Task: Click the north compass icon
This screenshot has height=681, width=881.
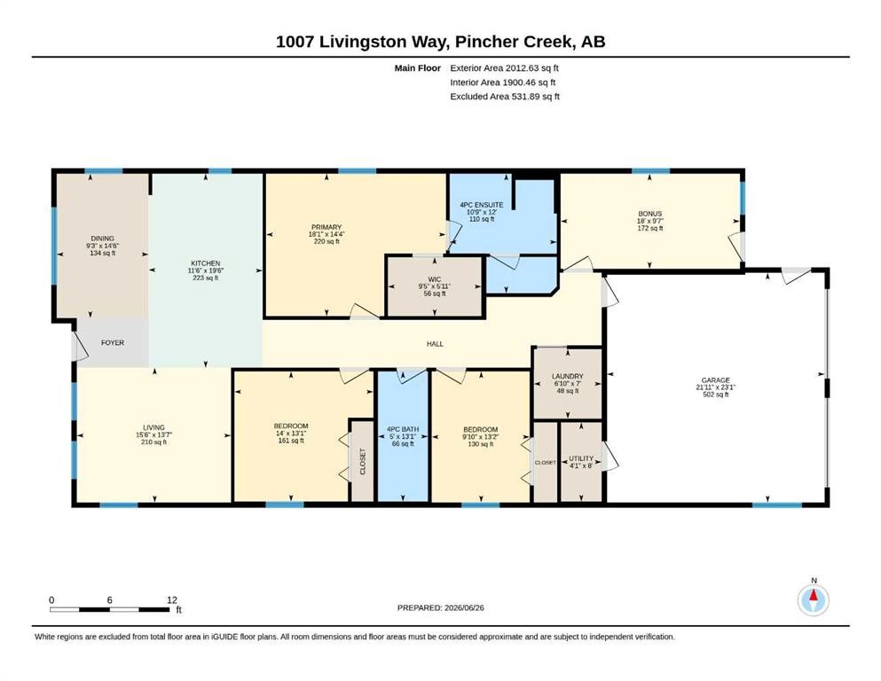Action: point(814,600)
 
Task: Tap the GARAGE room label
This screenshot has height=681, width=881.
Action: point(715,380)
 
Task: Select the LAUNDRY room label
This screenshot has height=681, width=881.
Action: point(568,376)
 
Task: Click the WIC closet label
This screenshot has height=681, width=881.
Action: point(435,279)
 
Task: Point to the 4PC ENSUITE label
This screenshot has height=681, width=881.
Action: point(482,205)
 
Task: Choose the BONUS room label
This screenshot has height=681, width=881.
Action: point(650,214)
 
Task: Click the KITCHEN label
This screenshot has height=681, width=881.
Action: point(206,263)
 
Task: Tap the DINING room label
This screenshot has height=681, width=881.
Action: point(102,239)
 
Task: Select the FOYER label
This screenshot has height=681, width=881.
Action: point(113,342)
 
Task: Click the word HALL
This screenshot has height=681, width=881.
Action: point(435,343)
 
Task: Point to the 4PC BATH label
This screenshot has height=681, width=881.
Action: point(403,429)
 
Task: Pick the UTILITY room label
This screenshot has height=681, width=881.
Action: point(581,458)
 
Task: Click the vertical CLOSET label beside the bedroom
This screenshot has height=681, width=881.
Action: point(362,461)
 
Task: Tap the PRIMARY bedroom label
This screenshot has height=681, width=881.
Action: point(326,227)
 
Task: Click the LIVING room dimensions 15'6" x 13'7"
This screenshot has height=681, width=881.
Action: point(154,434)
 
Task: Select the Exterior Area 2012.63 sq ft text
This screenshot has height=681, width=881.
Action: point(504,68)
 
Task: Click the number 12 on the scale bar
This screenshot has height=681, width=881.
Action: point(172,599)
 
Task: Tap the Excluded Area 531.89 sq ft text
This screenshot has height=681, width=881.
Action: point(505,97)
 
